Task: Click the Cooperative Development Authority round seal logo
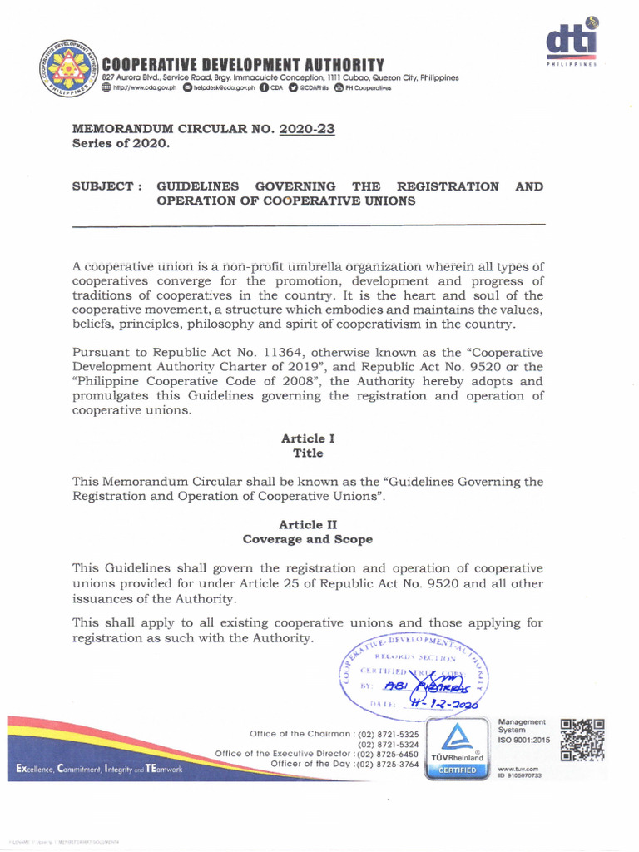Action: coord(67,70)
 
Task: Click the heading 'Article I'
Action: coord(308,438)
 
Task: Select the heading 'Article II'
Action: coord(308,524)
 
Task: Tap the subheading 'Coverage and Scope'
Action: coord(308,539)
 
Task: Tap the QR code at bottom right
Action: coord(582,740)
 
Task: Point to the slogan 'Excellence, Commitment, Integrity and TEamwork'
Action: coord(98,770)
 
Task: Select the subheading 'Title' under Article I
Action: coord(308,453)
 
